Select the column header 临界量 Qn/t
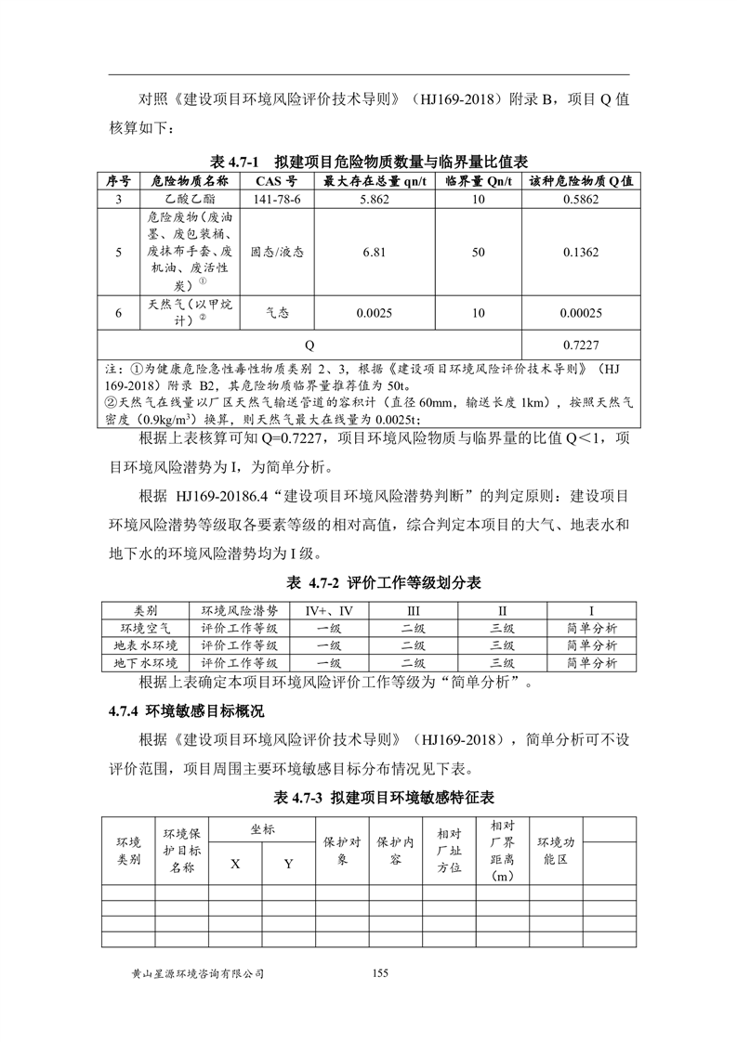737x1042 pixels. tap(479, 180)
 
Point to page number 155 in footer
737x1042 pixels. tap(378, 972)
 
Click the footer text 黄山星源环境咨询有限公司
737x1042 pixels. tap(199, 973)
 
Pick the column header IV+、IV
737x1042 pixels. tap(329, 610)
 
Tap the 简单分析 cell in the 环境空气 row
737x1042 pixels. tap(591, 628)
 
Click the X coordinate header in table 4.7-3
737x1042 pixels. tap(235, 864)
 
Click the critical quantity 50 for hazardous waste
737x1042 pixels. tap(479, 252)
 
